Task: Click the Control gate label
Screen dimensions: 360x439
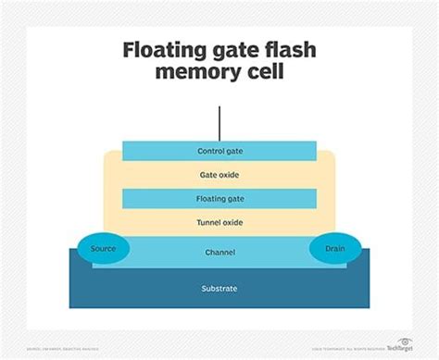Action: [219, 151]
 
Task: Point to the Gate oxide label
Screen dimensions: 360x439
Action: [219, 174]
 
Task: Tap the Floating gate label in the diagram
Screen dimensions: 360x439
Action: [219, 197]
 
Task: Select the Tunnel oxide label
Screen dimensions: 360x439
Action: [219, 222]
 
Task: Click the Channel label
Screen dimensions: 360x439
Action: [219, 252]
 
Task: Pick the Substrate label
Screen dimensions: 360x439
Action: [219, 289]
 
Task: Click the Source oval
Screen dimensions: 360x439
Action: [104, 249]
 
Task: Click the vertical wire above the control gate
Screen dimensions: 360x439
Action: [219, 123]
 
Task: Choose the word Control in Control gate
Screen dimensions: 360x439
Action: [209, 151]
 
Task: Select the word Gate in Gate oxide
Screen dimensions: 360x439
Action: [207, 174]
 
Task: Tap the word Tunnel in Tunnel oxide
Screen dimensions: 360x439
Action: [207, 222]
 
